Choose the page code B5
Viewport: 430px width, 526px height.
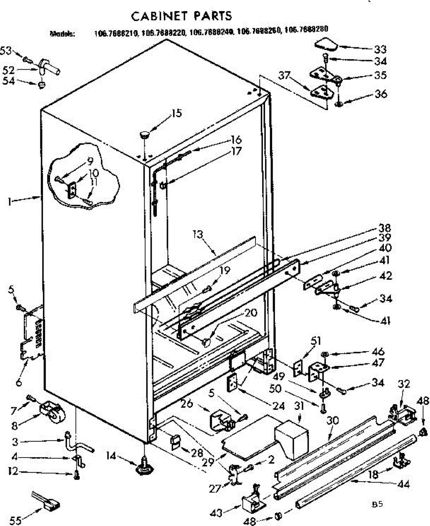coord(377,504)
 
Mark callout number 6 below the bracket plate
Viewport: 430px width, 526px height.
coord(18,382)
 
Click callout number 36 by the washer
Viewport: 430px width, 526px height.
coord(380,94)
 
